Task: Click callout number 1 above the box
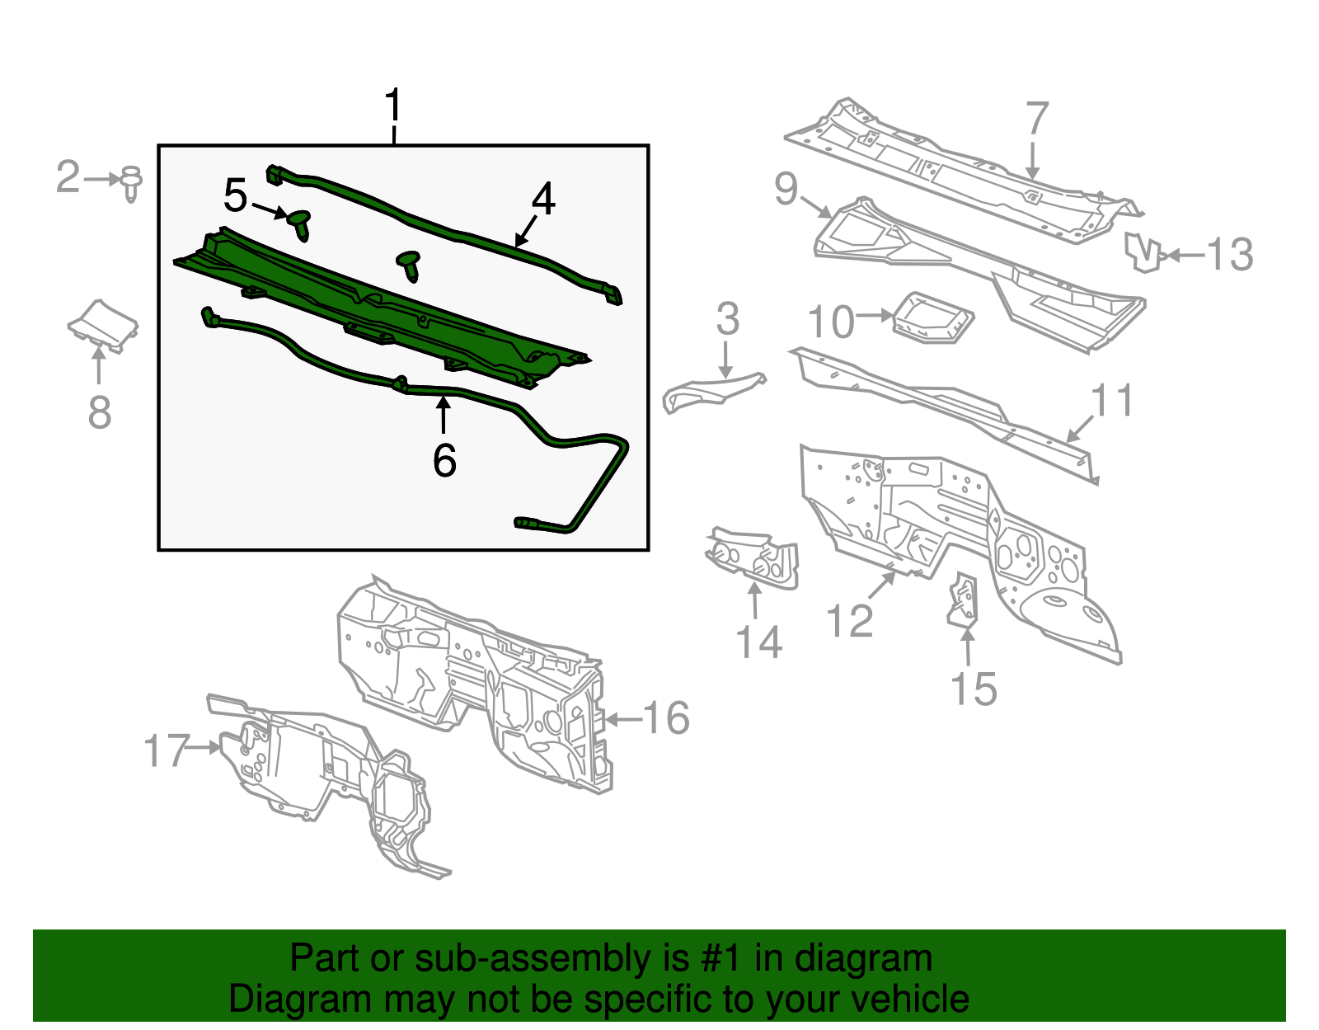click(394, 107)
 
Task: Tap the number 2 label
click(68, 177)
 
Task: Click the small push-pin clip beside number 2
click(131, 183)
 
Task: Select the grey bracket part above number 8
click(103, 325)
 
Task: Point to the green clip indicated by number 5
click(300, 223)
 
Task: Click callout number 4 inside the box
click(543, 200)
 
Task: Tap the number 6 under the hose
click(444, 460)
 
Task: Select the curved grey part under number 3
click(711, 391)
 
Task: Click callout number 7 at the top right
click(1036, 119)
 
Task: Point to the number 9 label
click(786, 189)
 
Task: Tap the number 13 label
click(1230, 255)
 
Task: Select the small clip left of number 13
click(1144, 252)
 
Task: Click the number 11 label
click(1112, 401)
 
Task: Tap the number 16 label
click(665, 718)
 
